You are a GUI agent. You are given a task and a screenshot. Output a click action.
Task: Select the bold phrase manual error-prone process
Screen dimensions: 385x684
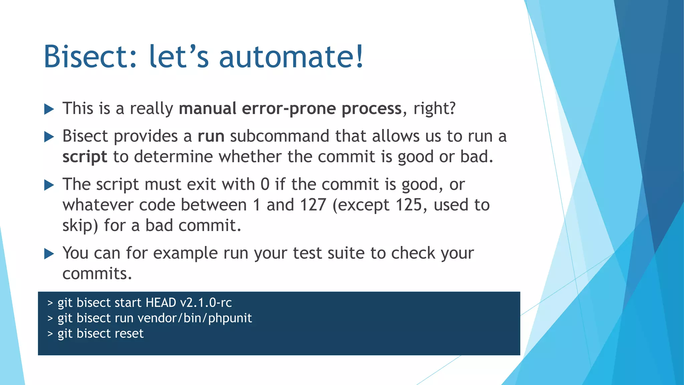pos(290,109)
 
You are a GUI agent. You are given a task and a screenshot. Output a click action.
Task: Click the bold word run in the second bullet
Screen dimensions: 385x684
pos(211,136)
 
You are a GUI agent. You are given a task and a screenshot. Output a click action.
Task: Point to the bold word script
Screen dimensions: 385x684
pos(85,157)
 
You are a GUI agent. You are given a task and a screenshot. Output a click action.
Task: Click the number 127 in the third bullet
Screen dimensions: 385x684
pos(313,205)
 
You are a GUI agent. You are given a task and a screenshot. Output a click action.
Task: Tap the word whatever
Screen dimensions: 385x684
pos(98,205)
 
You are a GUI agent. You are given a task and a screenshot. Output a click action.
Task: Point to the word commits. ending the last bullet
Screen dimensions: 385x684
pos(97,274)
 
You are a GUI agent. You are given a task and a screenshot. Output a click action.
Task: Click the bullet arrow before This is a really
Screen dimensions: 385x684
pos(49,109)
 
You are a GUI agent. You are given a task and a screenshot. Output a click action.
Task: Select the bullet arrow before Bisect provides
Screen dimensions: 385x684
pos(49,137)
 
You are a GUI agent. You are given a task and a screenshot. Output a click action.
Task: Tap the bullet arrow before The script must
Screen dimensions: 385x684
pos(49,185)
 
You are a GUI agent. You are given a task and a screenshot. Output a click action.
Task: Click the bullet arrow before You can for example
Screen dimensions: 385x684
pos(49,254)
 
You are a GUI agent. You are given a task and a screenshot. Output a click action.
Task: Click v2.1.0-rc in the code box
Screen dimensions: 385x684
pos(206,303)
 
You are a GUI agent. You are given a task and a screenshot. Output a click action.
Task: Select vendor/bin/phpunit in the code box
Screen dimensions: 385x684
pos(194,318)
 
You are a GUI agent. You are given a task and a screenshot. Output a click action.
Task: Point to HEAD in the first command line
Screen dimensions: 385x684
pos(161,303)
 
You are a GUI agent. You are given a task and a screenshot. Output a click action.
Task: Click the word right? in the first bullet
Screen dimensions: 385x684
pos(434,109)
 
